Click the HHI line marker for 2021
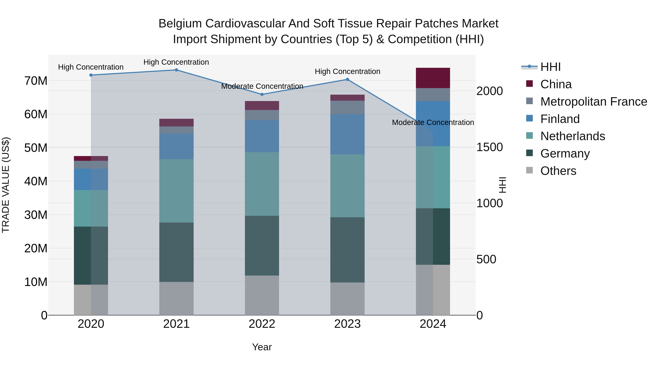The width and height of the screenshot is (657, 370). pos(176,70)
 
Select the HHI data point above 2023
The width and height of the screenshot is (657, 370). pos(347,79)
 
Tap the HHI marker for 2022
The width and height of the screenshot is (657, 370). pos(262,94)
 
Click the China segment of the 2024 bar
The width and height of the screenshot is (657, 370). pos(433,78)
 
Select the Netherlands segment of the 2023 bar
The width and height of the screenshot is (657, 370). pos(347,186)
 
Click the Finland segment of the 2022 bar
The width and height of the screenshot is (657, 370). pos(262,136)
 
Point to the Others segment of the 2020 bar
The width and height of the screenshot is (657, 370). pos(91,300)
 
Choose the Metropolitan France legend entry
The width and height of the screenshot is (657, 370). pos(593,102)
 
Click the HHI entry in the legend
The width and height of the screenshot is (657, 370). pos(550,67)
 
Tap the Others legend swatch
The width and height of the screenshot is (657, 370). pos(529,170)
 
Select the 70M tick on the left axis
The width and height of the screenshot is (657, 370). pos(36,81)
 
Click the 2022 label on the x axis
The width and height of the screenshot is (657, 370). pos(262,324)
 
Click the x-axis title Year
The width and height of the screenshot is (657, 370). pos(262,347)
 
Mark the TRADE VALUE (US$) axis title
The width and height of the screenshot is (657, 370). pos(6,185)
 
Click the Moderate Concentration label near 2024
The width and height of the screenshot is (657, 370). pos(433,123)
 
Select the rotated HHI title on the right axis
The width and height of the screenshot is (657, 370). pos(502,185)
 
